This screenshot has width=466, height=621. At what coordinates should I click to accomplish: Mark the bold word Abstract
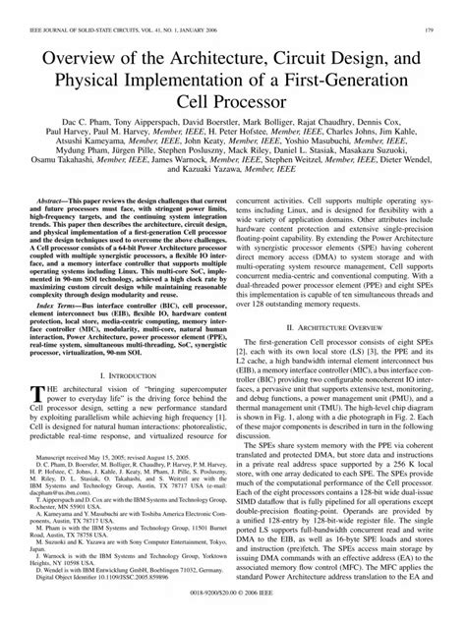[x=60, y=226]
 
